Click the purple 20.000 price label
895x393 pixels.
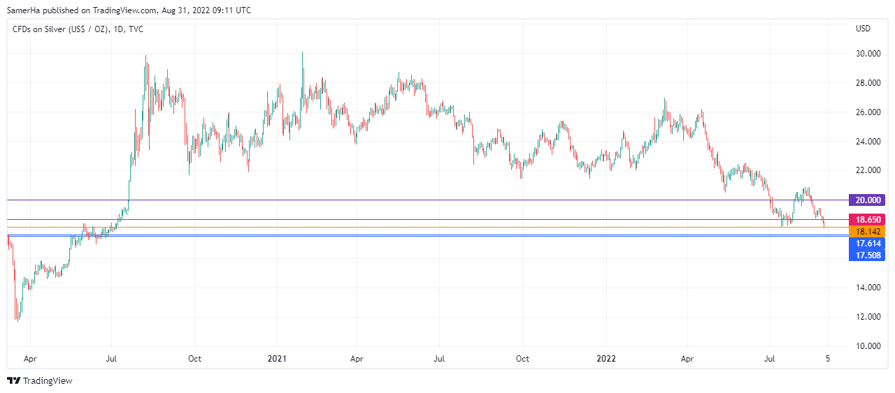(x=866, y=200)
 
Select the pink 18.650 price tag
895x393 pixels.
(x=866, y=219)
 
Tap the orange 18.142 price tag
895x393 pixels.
(x=866, y=231)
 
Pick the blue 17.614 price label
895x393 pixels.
(x=866, y=244)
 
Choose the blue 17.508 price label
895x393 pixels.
(x=866, y=255)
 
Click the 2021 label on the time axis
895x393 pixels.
(x=278, y=359)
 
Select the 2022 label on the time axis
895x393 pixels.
(x=606, y=359)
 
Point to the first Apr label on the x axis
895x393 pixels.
(x=30, y=359)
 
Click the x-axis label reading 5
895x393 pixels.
(x=828, y=359)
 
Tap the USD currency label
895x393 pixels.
(x=863, y=29)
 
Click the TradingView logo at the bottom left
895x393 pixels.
(x=40, y=380)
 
